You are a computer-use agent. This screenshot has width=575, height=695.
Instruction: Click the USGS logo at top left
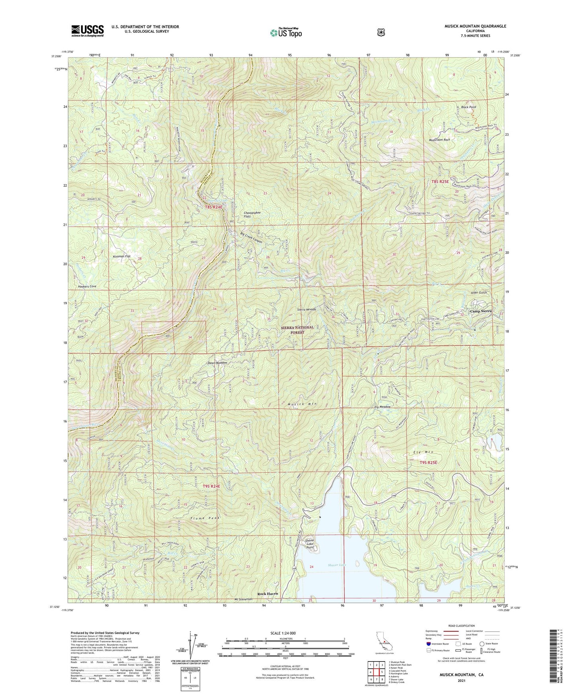click(x=88, y=30)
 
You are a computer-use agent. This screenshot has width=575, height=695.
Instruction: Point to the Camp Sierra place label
click(x=481, y=311)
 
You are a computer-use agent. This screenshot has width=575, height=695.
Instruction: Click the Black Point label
click(x=468, y=107)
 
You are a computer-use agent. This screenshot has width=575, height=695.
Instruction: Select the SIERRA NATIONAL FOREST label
click(x=297, y=330)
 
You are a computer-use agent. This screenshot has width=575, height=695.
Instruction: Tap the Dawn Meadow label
click(x=217, y=363)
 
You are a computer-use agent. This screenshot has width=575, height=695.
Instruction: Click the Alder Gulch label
click(x=479, y=293)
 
